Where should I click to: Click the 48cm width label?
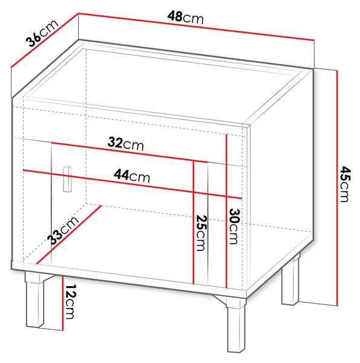[x=185, y=18]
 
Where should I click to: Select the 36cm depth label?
[x=42, y=33]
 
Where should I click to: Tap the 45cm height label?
[x=345, y=184]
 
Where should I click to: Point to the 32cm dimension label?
[x=126, y=144]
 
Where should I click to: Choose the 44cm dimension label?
[x=132, y=176]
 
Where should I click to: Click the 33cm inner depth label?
[x=63, y=231]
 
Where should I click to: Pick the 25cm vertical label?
[x=201, y=233]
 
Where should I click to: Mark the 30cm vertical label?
[x=234, y=226]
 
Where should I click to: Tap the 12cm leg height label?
[x=70, y=302]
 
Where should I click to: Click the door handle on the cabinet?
[x=67, y=178]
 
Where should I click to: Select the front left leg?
[x=35, y=299]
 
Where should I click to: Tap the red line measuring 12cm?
[x=63, y=303]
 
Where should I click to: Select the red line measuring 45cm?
[x=338, y=188]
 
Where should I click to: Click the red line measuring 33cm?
[x=69, y=235]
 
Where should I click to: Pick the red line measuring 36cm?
[x=44, y=41]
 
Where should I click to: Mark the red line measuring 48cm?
[x=196, y=27]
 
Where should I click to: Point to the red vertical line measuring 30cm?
[x=226, y=211]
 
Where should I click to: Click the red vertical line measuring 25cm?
[x=194, y=222]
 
